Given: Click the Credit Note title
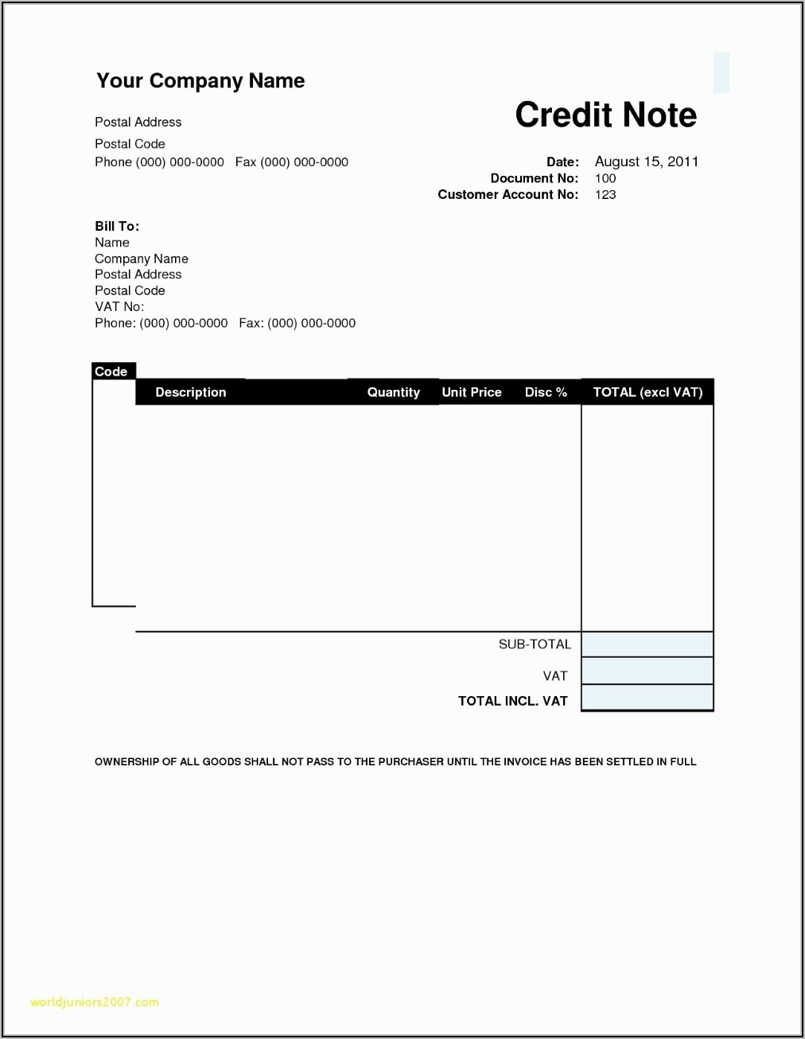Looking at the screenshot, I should tap(605, 115).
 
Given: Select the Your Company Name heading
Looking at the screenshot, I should tap(200, 81).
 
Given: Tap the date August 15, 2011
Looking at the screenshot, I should tap(646, 161).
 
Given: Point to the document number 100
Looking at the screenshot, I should tap(605, 178).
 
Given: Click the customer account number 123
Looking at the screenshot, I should tap(605, 195).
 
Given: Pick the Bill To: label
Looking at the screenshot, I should tap(117, 227).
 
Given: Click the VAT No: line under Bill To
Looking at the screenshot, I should tap(119, 307).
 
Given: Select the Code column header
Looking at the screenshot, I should tap(111, 372).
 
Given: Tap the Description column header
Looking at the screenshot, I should tap(191, 392).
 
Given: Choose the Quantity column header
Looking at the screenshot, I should tap(393, 392).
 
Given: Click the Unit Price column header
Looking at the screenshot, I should tap(472, 392).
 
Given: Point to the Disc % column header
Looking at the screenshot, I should tap(546, 392).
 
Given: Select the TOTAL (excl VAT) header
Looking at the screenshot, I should tap(647, 392).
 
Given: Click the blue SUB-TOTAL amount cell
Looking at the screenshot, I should tap(647, 644).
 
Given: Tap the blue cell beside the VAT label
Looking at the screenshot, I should tap(647, 671).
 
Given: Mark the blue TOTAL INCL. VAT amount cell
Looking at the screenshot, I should tap(647, 698).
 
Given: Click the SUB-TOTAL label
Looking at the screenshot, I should tap(535, 644).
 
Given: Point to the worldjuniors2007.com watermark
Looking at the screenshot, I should tap(94, 1002).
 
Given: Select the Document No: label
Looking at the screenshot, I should tap(534, 178).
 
